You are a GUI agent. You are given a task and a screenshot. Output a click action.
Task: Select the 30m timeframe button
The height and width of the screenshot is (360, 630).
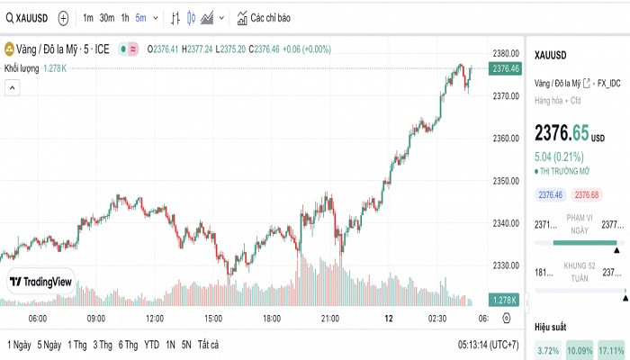(106, 18)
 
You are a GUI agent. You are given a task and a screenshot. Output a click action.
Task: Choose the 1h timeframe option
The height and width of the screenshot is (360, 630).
(125, 18)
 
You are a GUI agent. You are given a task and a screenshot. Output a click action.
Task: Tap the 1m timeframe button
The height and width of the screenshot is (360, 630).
(87, 18)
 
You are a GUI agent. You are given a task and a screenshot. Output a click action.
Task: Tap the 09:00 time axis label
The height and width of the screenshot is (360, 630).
(96, 319)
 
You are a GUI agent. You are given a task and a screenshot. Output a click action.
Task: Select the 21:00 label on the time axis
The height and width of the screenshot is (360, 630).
(330, 319)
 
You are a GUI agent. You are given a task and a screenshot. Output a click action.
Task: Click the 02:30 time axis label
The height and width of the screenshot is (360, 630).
(437, 319)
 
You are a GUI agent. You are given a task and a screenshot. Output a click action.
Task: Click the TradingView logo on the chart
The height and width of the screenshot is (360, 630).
(40, 282)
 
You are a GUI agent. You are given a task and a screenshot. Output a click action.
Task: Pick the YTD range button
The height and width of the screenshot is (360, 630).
(151, 345)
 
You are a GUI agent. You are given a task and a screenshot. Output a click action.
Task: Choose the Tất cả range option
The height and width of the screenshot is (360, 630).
(208, 345)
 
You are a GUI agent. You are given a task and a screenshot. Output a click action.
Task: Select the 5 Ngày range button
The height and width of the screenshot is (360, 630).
(49, 345)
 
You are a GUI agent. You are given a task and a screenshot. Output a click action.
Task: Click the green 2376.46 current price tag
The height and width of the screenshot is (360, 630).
(507, 68)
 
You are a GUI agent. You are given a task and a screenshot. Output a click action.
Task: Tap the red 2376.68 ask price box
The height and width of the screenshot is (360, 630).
(587, 195)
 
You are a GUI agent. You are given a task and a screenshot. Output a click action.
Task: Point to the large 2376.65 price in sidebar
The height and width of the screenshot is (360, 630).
(562, 133)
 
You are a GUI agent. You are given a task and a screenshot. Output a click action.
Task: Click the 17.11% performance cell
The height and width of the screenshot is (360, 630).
(611, 350)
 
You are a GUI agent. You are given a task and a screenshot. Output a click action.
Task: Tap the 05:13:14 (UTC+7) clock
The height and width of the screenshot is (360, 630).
(488, 345)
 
